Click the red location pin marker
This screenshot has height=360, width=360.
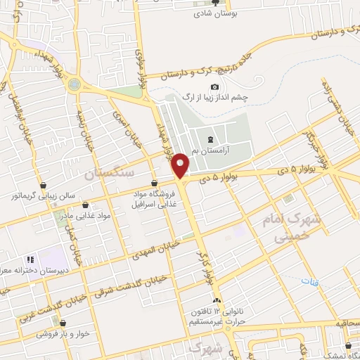[181, 165]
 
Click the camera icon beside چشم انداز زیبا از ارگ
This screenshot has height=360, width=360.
[195, 86]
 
